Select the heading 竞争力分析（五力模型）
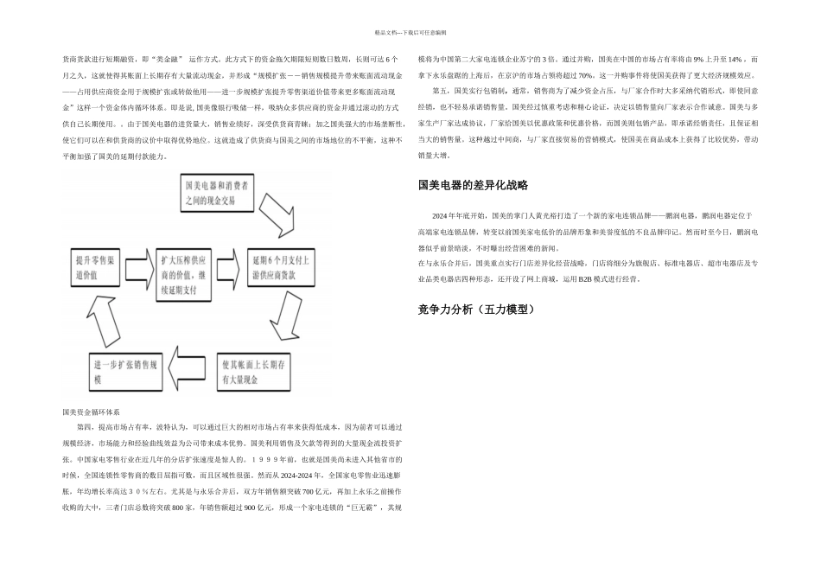(477, 309)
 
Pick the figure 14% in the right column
(735, 60)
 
